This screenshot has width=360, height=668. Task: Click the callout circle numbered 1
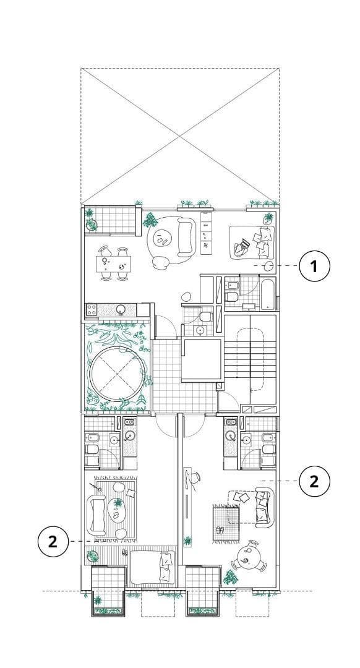click(314, 266)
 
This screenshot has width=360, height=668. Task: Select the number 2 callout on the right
click(314, 481)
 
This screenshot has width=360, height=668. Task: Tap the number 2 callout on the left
click(53, 541)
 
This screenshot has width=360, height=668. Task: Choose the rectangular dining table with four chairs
click(113, 263)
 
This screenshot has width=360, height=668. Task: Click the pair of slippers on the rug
click(220, 530)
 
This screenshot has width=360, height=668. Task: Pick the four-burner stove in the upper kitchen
click(92, 309)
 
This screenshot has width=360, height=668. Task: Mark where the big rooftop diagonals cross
click(180, 136)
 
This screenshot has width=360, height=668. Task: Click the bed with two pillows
click(153, 567)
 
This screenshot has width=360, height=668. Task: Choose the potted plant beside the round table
click(230, 576)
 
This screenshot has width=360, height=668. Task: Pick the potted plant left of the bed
click(92, 556)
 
